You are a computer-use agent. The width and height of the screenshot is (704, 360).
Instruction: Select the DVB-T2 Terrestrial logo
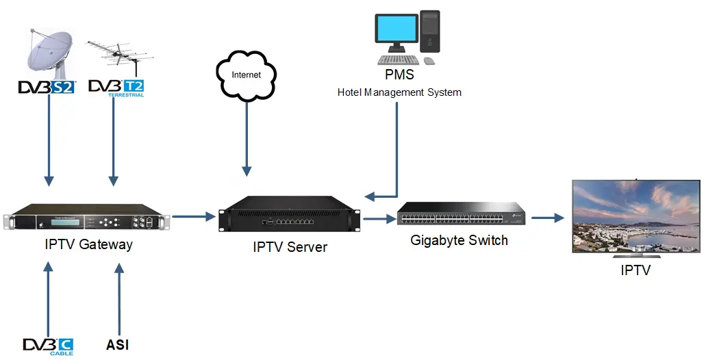click(116, 88)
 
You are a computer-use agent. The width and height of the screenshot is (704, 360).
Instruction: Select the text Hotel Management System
click(399, 92)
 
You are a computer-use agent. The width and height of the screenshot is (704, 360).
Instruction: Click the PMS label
click(400, 75)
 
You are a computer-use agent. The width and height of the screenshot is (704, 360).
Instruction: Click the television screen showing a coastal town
click(636, 217)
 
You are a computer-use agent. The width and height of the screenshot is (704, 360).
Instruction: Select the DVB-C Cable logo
click(48, 346)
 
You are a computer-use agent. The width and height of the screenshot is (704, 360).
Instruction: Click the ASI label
click(118, 345)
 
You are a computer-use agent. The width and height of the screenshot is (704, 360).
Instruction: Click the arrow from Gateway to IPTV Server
click(193, 217)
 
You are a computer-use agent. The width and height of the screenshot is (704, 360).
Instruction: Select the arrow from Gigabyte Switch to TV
click(547, 218)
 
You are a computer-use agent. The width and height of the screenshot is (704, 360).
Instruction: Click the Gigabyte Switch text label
click(459, 240)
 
